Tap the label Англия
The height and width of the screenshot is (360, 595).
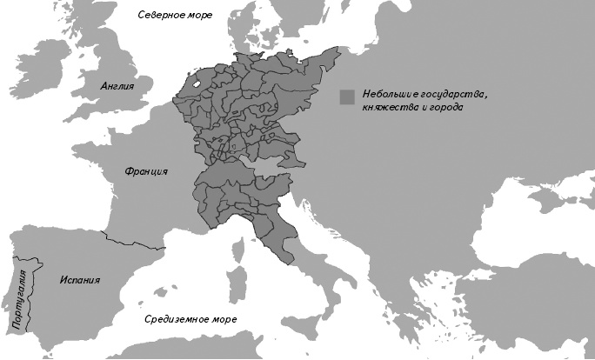click(116, 86)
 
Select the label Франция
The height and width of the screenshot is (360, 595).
click(146, 171)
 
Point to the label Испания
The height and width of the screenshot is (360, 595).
click(80, 281)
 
